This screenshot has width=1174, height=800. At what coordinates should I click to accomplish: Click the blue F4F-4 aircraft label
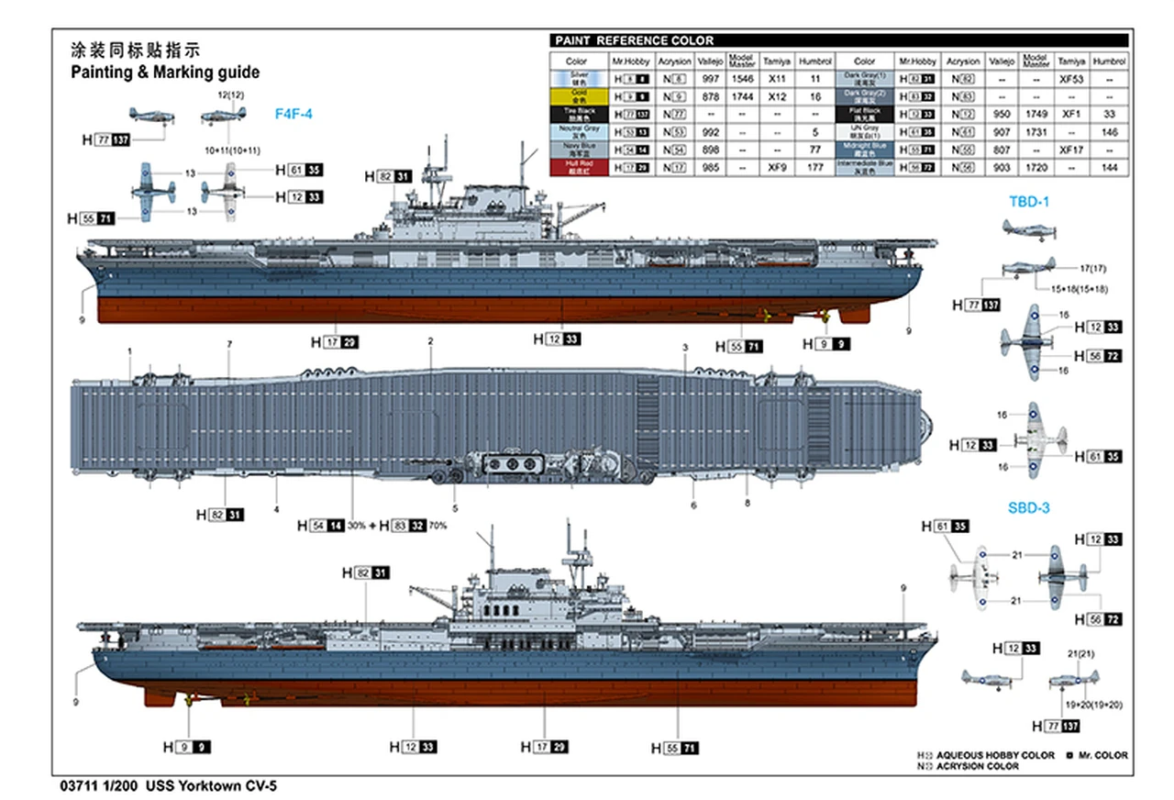pos(293,114)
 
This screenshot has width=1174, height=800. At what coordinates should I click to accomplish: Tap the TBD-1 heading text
pos(1028,201)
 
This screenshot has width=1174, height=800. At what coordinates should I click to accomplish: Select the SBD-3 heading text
pos(1029,507)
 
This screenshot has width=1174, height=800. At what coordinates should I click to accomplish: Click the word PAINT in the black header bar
pos(573,40)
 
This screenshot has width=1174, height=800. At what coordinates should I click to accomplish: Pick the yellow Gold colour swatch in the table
pos(579,95)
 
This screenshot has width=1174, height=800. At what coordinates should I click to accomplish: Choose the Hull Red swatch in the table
pos(579,167)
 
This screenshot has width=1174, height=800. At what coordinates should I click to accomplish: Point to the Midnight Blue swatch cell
pos(866,149)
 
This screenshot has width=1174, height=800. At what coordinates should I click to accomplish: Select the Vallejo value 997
pos(710,79)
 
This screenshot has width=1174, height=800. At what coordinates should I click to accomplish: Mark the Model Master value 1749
pos(1036,114)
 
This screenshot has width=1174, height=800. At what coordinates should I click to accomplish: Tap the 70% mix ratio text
pos(437,526)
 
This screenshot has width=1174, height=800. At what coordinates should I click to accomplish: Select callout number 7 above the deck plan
pos(229,344)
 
